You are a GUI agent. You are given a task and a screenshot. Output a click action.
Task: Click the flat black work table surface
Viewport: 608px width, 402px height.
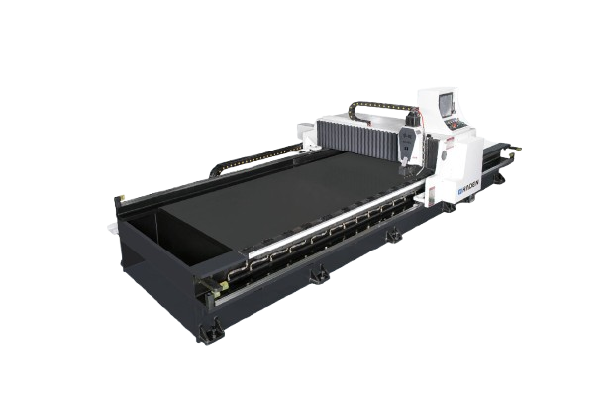coord(267,198)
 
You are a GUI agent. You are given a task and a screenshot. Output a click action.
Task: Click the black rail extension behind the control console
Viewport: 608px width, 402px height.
coord(505,158)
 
